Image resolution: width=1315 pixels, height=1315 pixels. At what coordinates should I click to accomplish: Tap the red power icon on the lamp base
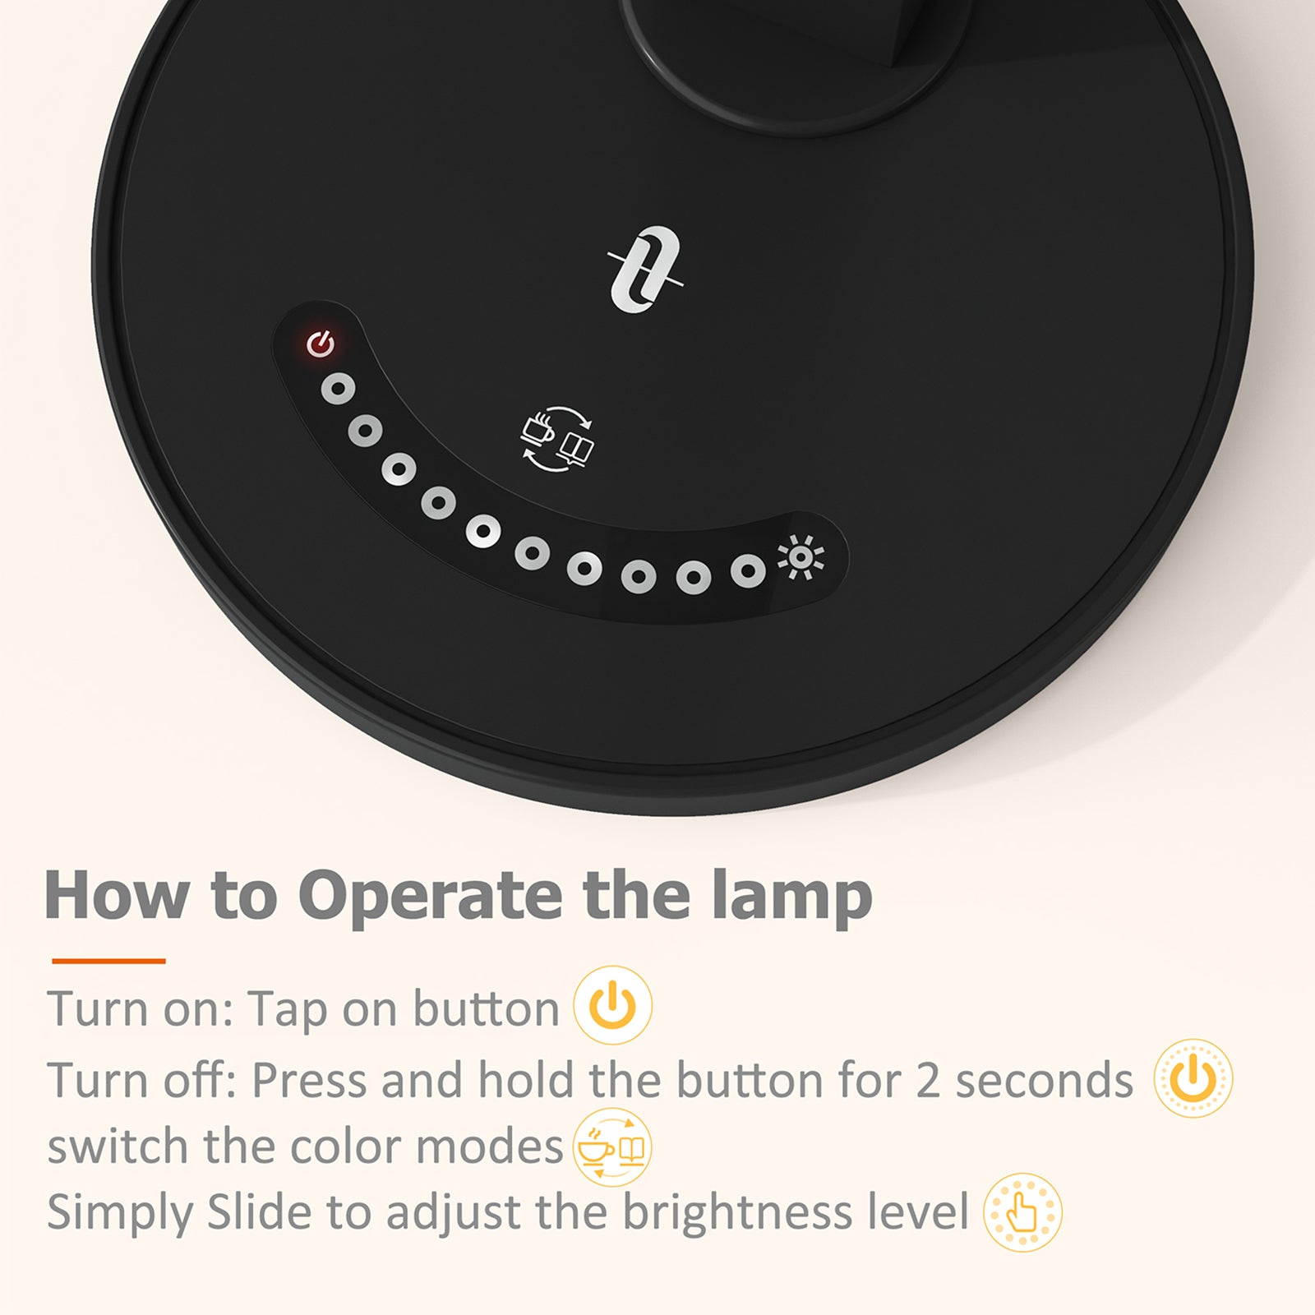[321, 344]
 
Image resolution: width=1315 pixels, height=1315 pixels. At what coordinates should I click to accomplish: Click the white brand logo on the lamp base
[646, 270]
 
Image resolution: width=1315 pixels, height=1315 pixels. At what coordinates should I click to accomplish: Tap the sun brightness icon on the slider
[801, 557]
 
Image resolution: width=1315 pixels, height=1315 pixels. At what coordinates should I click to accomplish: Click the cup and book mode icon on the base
[558, 439]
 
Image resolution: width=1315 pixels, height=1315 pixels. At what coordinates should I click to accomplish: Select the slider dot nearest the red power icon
[338, 389]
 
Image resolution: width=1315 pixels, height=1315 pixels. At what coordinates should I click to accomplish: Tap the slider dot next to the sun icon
[747, 570]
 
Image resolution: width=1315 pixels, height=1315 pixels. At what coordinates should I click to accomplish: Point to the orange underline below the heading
[108, 960]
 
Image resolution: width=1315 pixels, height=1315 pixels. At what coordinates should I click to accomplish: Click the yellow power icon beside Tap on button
[612, 1006]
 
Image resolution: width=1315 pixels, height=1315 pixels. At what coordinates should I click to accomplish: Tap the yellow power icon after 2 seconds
[1193, 1078]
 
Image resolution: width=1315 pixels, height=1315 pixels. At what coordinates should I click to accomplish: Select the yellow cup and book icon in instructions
[611, 1147]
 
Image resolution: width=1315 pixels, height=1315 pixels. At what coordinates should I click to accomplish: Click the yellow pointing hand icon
[1022, 1212]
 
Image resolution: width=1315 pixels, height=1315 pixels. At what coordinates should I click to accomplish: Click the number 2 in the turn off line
[927, 1080]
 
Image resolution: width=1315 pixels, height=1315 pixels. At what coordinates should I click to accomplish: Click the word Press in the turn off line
[308, 1080]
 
